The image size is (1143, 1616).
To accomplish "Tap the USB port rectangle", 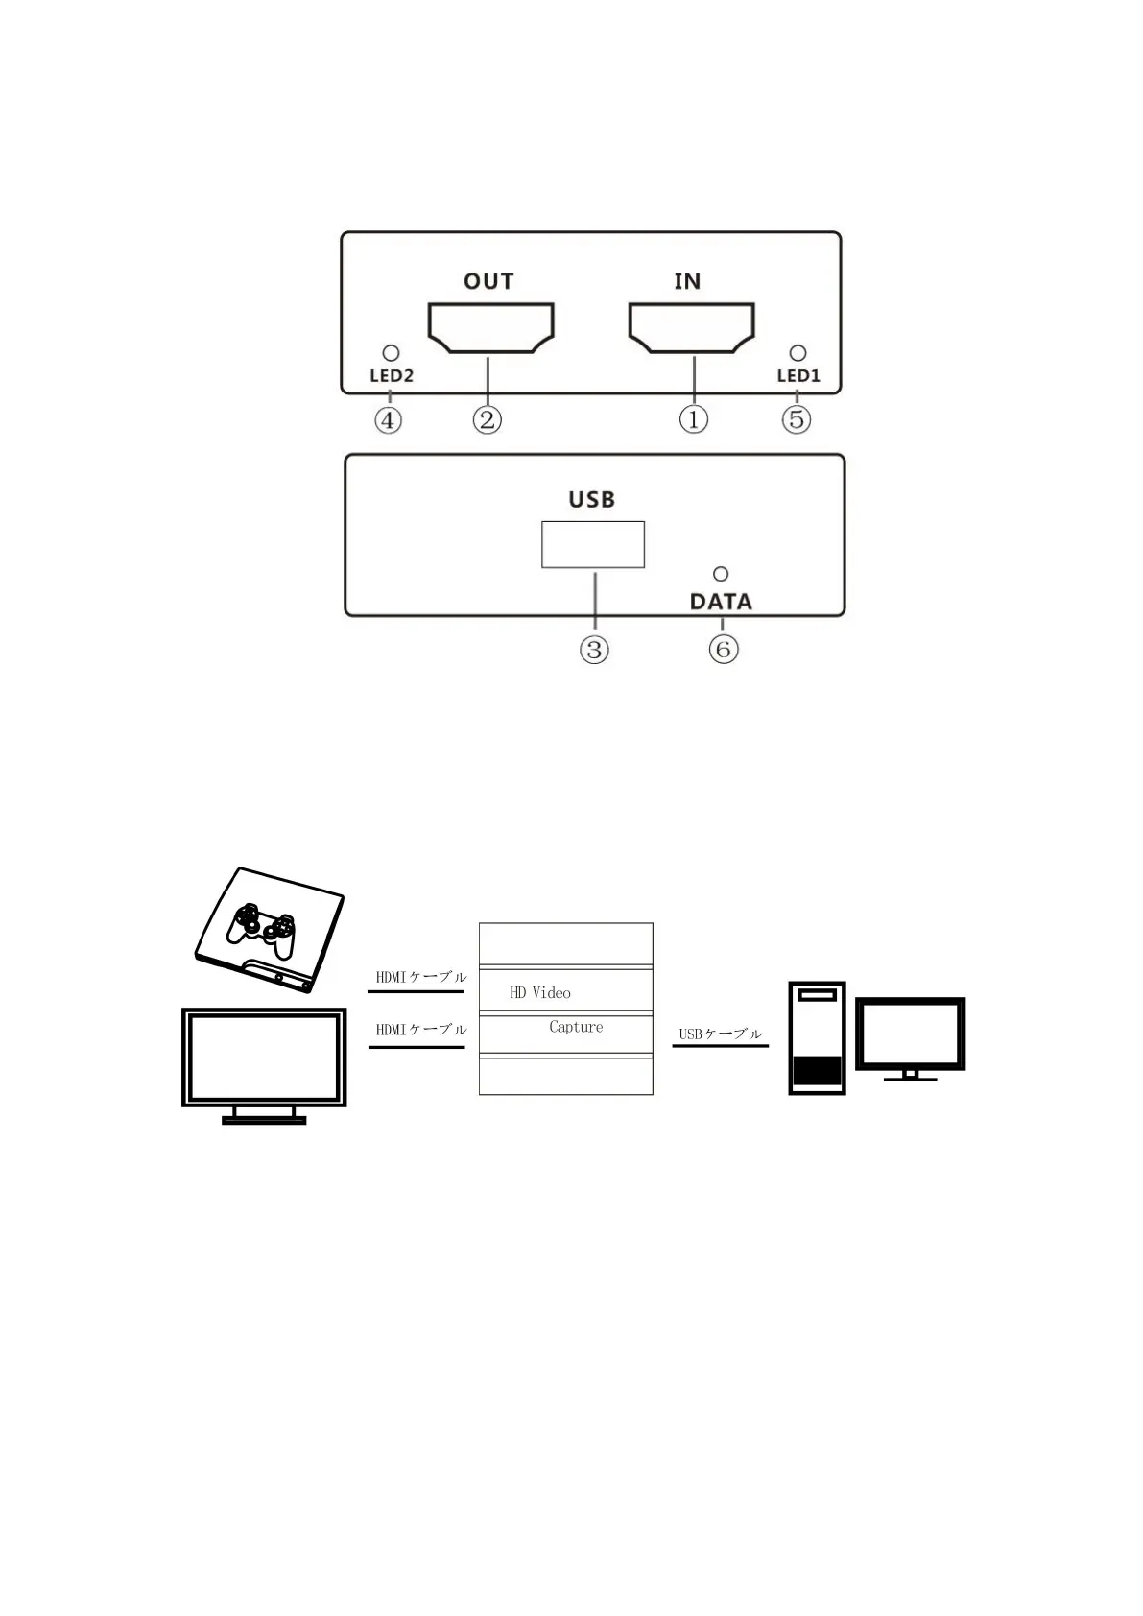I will point(592,544).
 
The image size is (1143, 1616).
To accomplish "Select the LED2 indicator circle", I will point(391,353).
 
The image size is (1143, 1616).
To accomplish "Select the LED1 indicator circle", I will point(798,353).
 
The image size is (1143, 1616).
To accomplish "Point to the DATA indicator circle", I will point(721,574).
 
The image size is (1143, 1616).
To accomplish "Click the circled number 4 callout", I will point(388,419).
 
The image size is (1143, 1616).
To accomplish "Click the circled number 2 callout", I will point(488,419).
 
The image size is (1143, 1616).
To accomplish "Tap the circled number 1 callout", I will point(693,419).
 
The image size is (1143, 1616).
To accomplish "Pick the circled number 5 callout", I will point(797,419).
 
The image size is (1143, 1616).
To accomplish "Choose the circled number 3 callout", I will point(594,650).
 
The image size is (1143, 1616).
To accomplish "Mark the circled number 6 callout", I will point(723,650).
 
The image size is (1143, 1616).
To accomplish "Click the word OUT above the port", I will point(488,281).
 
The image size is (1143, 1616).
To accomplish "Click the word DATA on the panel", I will point(721,602).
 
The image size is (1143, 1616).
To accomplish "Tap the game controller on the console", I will point(261,926).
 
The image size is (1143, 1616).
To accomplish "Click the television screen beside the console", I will point(264,1058).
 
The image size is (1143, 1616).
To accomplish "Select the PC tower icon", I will point(817,1037).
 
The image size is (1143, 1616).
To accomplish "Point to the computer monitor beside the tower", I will point(910,1034).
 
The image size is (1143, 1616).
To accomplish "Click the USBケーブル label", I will point(720,1034).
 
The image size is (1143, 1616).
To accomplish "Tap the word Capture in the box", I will point(576,1027).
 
